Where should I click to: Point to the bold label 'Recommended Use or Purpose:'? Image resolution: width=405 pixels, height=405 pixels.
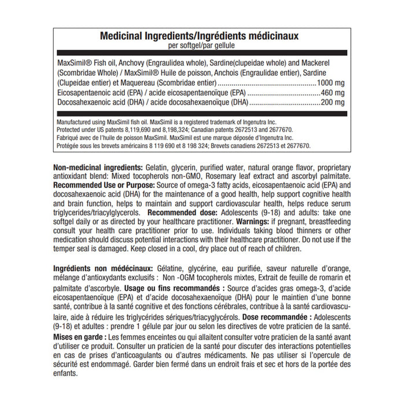coord(104,185)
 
